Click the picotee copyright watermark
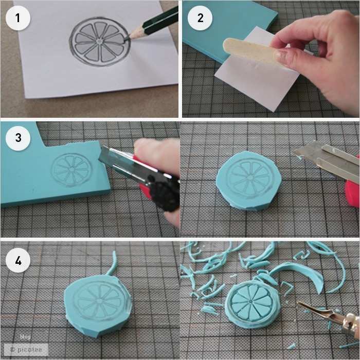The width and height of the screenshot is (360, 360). coord(26,349)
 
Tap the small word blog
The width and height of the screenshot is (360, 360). coord(25,337)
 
